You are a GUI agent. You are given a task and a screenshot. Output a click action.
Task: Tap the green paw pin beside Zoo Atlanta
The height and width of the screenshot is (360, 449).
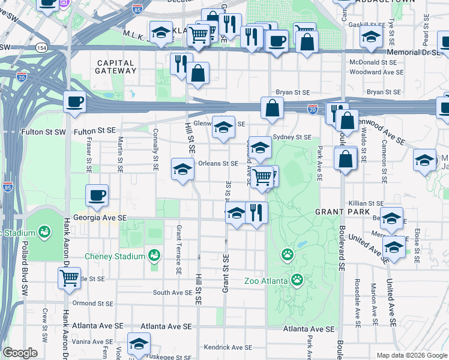297,280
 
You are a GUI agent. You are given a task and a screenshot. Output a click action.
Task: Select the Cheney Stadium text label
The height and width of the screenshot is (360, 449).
115,256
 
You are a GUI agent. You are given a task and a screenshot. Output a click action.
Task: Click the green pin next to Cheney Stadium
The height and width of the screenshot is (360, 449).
154,256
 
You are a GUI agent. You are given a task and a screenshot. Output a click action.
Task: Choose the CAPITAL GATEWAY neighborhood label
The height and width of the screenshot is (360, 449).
116,66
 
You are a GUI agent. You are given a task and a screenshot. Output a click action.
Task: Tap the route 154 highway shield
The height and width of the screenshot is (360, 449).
41,47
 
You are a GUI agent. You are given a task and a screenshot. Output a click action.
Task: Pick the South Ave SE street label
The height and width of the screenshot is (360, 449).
172,293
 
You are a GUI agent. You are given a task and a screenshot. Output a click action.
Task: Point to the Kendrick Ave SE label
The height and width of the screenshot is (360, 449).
228,347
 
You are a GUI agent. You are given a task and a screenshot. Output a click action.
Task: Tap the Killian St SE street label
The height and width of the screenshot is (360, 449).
366,204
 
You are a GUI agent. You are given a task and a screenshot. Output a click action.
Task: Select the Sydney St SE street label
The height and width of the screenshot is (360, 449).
292,137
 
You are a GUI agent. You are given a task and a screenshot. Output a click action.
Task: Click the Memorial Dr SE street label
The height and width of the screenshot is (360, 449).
414,53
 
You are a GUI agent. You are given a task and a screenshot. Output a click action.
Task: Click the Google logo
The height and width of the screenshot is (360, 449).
20,353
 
